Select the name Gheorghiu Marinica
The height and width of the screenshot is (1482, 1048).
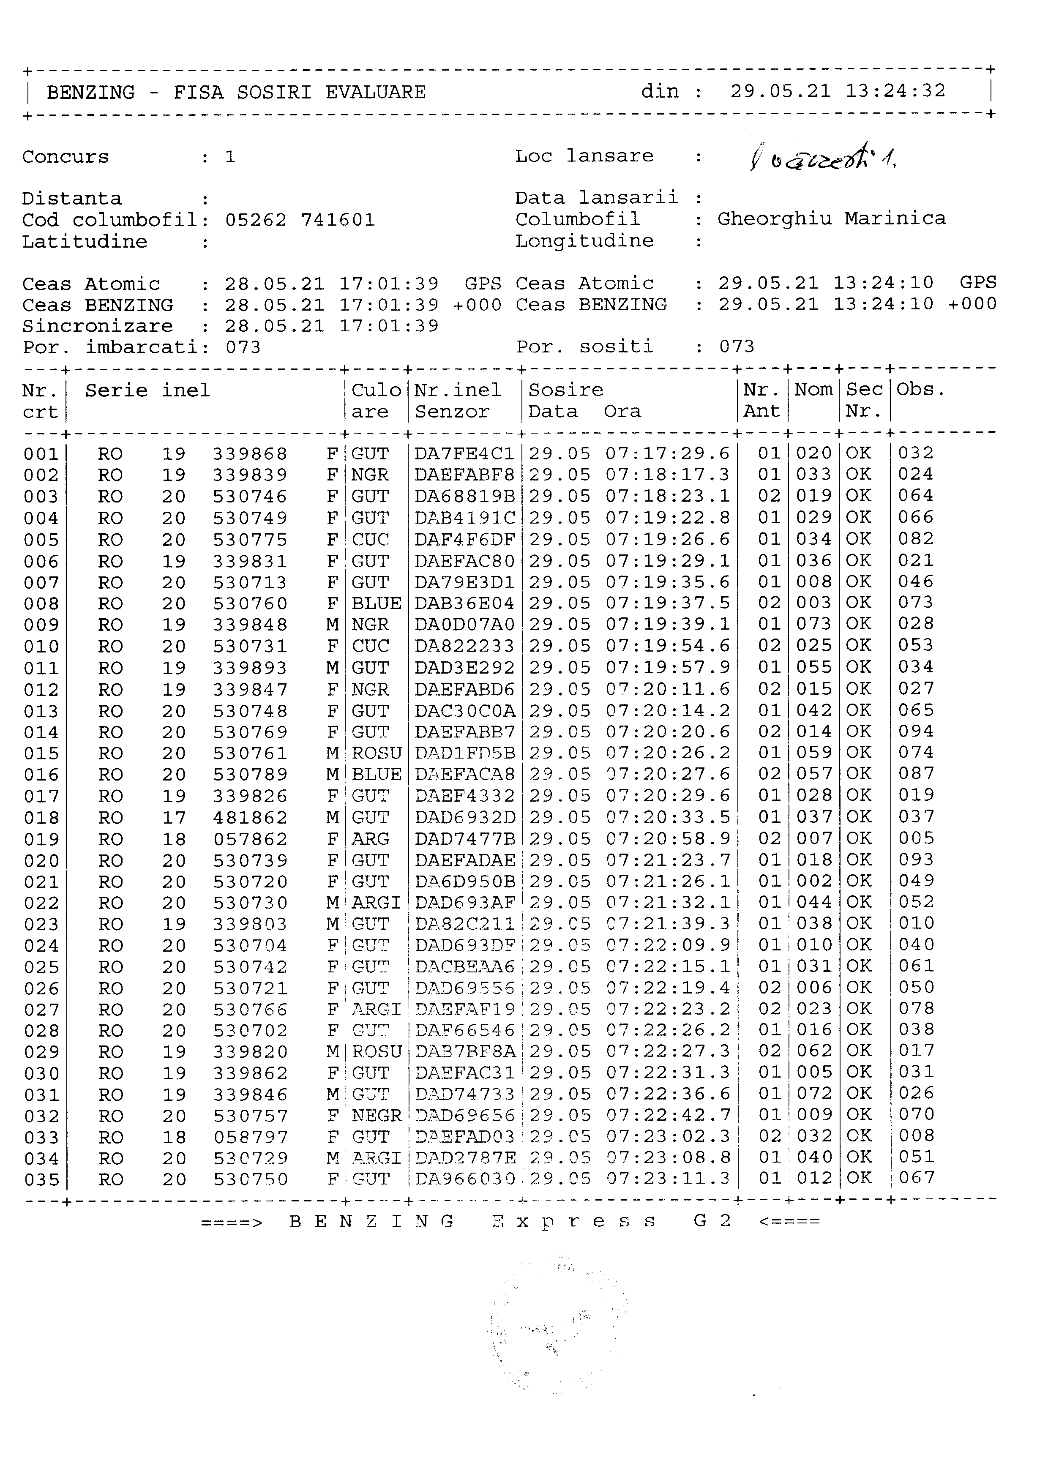point(831,219)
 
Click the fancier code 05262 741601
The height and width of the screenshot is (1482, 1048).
point(300,220)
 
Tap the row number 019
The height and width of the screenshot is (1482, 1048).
point(41,839)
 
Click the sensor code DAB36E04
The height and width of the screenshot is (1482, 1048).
point(464,603)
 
